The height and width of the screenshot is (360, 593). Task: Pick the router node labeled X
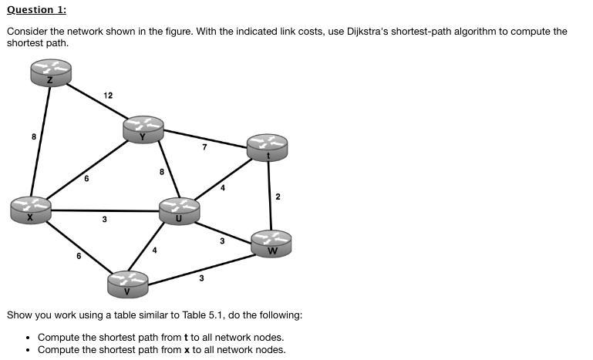coord(31,210)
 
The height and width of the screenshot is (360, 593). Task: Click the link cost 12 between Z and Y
coord(108,96)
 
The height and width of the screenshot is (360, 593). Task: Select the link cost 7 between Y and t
coord(204,147)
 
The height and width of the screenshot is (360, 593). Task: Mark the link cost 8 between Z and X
coord(33,137)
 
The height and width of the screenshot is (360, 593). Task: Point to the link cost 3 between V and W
coord(201,278)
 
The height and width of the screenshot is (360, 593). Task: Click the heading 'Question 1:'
coord(36,10)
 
